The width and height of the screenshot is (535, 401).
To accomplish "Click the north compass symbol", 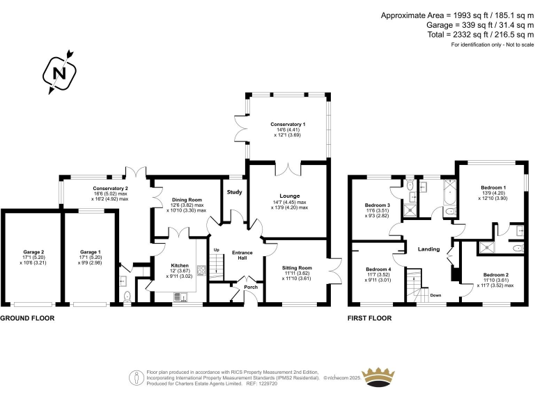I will point(60,71).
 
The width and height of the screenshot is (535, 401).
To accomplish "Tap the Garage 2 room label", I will point(33,252).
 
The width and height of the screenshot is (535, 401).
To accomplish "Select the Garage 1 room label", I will point(90,252).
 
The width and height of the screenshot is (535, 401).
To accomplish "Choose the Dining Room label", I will point(186,200).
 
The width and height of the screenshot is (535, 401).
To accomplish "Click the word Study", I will point(233,193).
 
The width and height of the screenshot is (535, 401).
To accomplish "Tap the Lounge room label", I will point(289,196).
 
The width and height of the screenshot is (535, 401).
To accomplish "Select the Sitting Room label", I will point(297,267).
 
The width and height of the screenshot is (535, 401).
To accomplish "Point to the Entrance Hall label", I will point(243,255).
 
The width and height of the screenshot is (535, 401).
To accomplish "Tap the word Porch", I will point(250,287).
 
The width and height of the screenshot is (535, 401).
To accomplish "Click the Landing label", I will point(428,249).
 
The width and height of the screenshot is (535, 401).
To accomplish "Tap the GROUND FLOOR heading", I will point(27,318).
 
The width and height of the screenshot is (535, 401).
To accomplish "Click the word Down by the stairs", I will point(435,295).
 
